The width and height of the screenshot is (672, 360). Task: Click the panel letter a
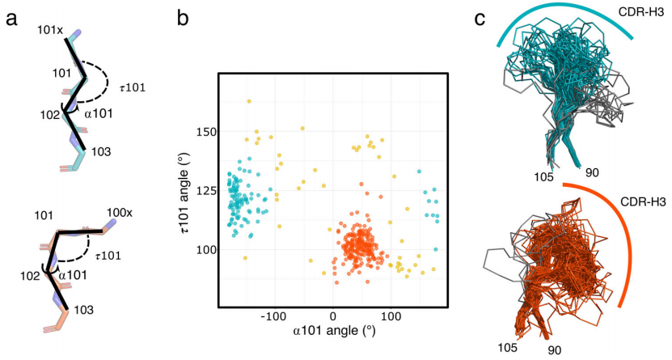point(12,18)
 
